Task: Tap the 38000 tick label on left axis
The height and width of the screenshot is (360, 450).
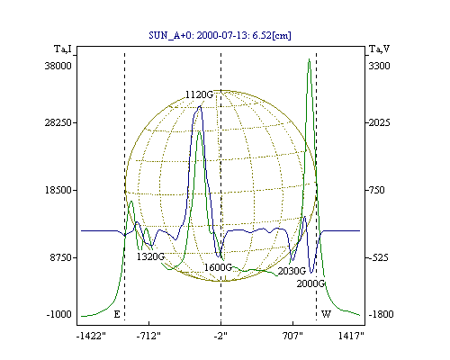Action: pos(58,66)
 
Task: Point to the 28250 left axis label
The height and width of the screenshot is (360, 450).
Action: pos(58,122)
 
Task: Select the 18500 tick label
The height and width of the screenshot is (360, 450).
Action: pos(58,190)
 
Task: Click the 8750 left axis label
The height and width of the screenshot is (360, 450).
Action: pos(61,257)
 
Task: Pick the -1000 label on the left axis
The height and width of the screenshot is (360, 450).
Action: pos(59,314)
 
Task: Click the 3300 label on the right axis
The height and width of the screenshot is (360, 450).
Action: pos(379,66)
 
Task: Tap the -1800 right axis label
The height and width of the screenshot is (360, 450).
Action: pos(381,314)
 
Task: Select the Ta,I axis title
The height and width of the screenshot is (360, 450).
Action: pos(63,49)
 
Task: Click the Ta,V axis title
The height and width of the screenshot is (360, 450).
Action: pos(379,49)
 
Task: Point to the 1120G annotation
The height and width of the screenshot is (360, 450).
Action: pos(199,94)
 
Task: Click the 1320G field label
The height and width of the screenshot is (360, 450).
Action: pos(150,256)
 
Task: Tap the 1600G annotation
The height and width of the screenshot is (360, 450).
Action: pos(218,267)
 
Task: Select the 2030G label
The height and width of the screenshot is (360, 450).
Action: pos(292,271)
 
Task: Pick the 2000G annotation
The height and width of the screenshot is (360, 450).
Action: pos(310,283)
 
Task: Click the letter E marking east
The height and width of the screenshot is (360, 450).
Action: pos(117,314)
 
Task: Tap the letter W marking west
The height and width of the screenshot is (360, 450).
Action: pos(326,314)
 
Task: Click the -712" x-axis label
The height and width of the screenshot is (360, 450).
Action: pos(148,337)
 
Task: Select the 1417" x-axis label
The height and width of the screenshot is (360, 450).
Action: pos(351,337)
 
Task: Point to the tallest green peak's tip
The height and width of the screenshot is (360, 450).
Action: pos(310,58)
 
